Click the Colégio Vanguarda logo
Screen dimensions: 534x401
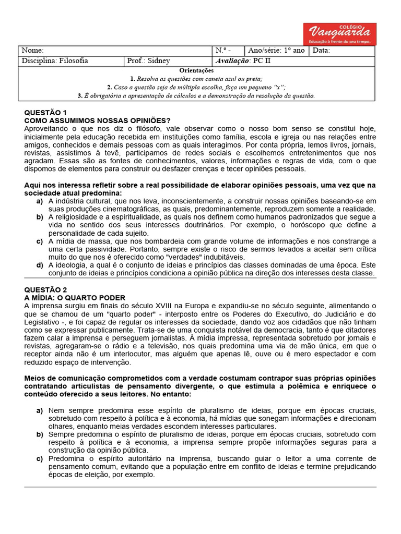(339, 34)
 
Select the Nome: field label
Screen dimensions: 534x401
(32, 51)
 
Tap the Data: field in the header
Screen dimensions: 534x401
(321, 51)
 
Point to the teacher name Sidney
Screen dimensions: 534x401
(159, 61)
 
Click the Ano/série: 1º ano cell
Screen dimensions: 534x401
(276, 51)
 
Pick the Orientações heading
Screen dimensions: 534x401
(196, 70)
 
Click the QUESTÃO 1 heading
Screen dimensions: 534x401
(46, 113)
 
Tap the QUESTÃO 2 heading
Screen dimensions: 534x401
(46, 289)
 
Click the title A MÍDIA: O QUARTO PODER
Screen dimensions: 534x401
(74, 297)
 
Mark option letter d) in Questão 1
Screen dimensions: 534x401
(40, 265)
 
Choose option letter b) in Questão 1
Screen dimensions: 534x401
(40, 217)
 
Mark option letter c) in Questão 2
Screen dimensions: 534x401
(40, 459)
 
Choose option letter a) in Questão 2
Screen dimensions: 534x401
(40, 411)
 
